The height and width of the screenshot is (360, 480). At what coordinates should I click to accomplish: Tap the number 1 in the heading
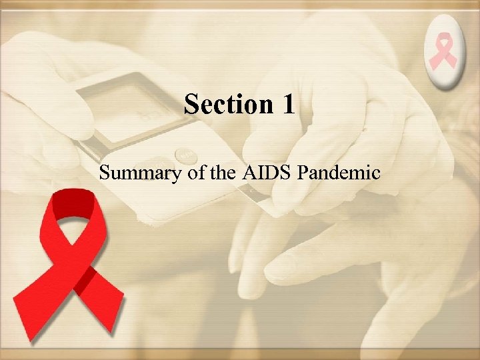(x=287, y=105)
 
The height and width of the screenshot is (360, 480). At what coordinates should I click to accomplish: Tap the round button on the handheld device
(x=183, y=157)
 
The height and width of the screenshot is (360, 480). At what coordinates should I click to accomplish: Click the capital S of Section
(x=192, y=105)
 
